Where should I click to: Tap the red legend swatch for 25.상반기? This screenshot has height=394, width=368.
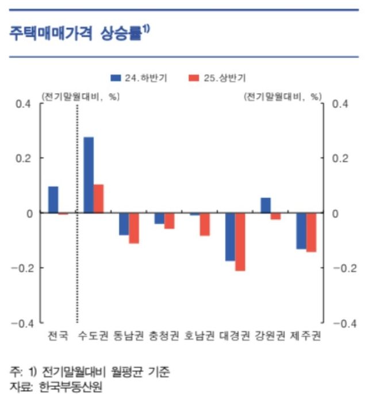click(194, 78)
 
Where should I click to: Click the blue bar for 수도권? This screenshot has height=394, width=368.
click(89, 175)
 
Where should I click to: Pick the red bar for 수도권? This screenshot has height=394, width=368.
click(98, 198)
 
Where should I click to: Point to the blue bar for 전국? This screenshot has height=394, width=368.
click(53, 199)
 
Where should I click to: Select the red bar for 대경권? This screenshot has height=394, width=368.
click(240, 241)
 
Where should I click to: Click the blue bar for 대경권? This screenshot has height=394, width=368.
click(230, 237)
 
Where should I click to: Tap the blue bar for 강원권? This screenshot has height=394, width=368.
click(266, 205)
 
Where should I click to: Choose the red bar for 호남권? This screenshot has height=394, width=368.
click(205, 224)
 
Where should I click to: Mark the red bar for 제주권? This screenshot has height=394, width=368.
click(311, 232)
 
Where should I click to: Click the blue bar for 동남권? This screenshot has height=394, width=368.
click(124, 223)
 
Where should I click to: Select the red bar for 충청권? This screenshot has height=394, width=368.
click(169, 221)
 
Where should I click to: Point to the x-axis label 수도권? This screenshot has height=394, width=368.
click(94, 335)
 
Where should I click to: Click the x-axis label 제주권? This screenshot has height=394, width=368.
click(306, 335)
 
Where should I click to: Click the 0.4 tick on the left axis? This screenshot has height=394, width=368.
click(22, 103)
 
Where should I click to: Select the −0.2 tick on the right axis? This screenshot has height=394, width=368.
click(344, 268)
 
